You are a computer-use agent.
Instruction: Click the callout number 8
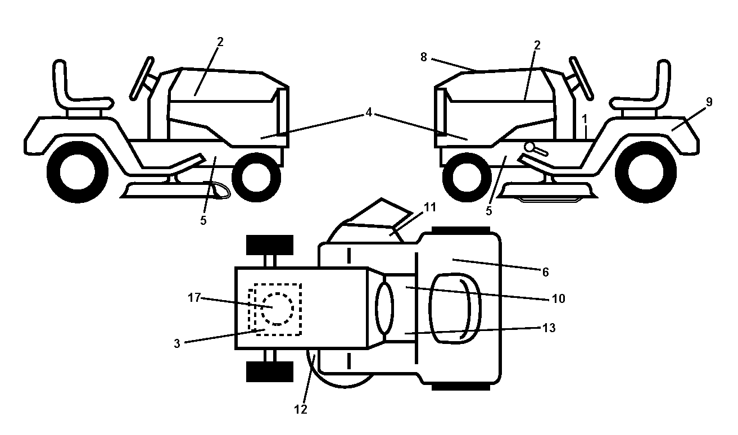coord(424,57)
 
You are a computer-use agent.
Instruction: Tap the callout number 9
coord(709,102)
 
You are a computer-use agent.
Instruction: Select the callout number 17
coord(194,297)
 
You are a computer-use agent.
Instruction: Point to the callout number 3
coord(177,343)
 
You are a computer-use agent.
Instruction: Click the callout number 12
coord(301,409)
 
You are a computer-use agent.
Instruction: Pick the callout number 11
coord(430,207)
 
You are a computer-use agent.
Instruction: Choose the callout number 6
coord(546,272)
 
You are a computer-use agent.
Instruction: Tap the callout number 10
coord(559,298)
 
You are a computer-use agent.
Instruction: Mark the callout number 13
coord(549,328)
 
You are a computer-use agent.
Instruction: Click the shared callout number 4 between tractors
coord(369,112)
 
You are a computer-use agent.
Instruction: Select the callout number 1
coord(585,119)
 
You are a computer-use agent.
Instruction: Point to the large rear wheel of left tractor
coord(78,172)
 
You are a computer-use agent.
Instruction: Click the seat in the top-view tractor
coord(455,309)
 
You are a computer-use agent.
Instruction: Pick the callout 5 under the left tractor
coord(203,220)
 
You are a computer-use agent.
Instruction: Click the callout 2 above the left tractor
coord(220,42)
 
